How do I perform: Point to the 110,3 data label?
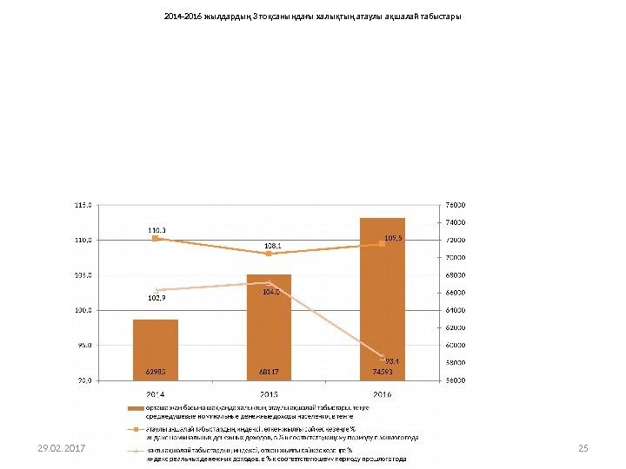156,230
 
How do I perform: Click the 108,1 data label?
272,246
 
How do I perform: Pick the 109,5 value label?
394,236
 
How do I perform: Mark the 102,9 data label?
156,298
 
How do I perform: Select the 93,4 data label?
391,360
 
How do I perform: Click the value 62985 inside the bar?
156,371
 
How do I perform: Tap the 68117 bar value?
269,371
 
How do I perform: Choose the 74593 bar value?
382,371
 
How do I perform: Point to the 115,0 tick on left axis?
83,205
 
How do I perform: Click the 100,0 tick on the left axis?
83,309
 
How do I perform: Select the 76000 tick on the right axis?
456,205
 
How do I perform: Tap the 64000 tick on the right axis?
456,309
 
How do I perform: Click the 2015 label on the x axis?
269,393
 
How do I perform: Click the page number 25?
583,448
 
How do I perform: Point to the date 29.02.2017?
61,448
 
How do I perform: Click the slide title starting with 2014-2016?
312,17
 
